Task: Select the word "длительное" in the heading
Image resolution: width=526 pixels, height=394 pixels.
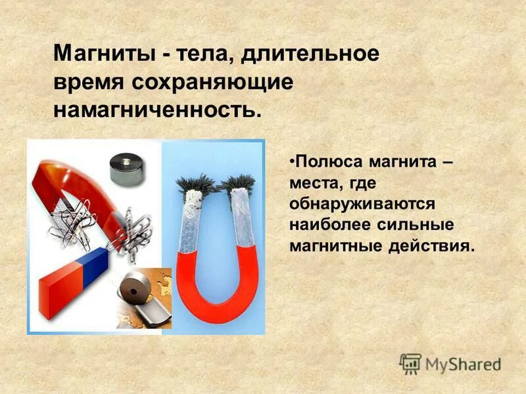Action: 310,53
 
